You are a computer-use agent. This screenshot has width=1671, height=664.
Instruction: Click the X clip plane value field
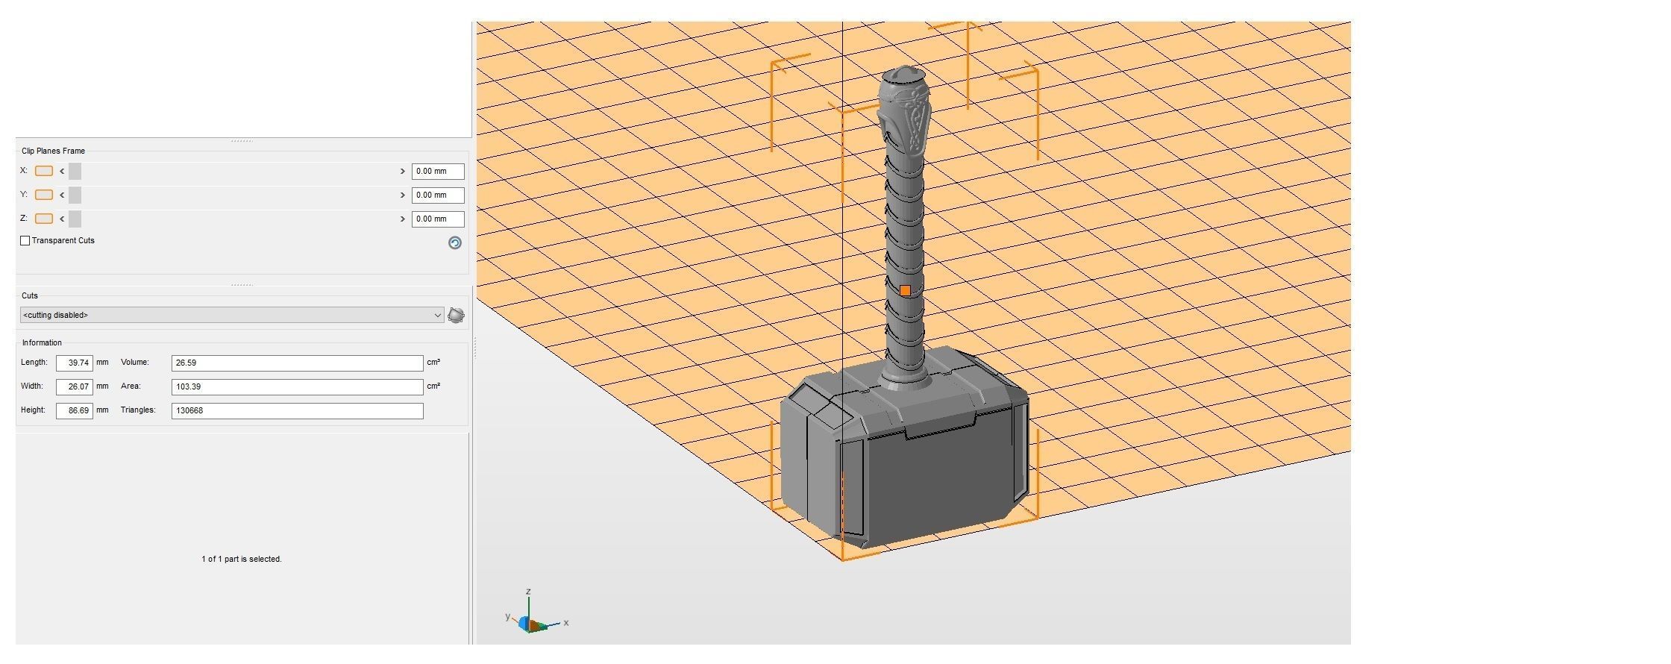click(x=438, y=172)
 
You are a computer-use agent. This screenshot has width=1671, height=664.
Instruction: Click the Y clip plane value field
click(x=438, y=195)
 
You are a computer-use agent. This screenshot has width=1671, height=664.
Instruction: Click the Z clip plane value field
click(x=438, y=219)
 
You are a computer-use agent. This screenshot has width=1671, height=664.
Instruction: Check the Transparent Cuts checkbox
click(x=25, y=241)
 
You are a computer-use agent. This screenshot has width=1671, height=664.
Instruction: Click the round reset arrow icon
click(x=455, y=243)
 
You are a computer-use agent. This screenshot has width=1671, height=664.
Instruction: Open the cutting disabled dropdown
click(x=231, y=316)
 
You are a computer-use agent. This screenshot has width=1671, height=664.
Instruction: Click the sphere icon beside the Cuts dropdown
click(x=456, y=316)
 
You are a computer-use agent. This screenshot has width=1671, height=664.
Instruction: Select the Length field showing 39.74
click(x=75, y=363)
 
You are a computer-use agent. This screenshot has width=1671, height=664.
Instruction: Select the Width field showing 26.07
click(x=75, y=387)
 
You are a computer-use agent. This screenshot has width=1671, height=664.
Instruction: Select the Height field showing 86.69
click(x=75, y=411)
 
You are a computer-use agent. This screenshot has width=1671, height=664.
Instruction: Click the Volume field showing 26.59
click(x=297, y=363)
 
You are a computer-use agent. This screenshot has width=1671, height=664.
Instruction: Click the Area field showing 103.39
click(x=297, y=387)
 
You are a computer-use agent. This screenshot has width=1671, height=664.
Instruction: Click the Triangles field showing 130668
click(x=297, y=411)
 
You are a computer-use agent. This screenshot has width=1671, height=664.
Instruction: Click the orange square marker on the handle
click(x=905, y=291)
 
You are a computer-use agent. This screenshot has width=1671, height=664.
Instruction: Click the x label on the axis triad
click(x=566, y=623)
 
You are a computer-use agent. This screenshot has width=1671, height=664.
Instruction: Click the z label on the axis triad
click(x=528, y=592)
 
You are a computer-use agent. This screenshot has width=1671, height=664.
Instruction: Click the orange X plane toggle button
click(x=44, y=172)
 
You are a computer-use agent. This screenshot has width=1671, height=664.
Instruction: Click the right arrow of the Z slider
click(x=403, y=219)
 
